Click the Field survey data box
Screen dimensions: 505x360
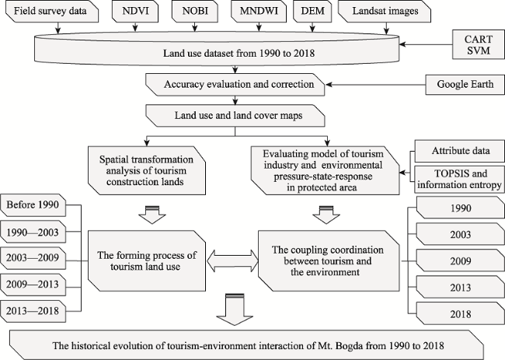(52, 12)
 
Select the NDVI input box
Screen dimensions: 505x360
(135, 12)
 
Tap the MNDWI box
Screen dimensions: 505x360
(259, 12)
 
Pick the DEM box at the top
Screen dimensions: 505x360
(313, 12)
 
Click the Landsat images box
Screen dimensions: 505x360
(385, 12)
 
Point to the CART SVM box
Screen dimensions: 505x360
(479, 44)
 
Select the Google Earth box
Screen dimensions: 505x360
(465, 85)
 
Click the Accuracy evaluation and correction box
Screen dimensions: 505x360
(235, 85)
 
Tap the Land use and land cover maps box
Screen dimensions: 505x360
(235, 115)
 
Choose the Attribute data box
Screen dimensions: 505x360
(460, 151)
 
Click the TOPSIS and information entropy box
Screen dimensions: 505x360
(460, 179)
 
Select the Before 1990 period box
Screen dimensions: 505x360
(33, 205)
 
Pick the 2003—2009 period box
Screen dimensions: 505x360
(33, 258)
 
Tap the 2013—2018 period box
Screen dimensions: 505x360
(33, 311)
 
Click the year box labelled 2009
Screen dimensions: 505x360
(460, 260)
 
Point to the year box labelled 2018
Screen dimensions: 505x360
(460, 313)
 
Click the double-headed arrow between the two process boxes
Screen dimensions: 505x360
(232, 260)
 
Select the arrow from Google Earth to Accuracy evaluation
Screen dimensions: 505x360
(375, 85)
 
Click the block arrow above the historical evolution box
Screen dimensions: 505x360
(235, 309)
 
